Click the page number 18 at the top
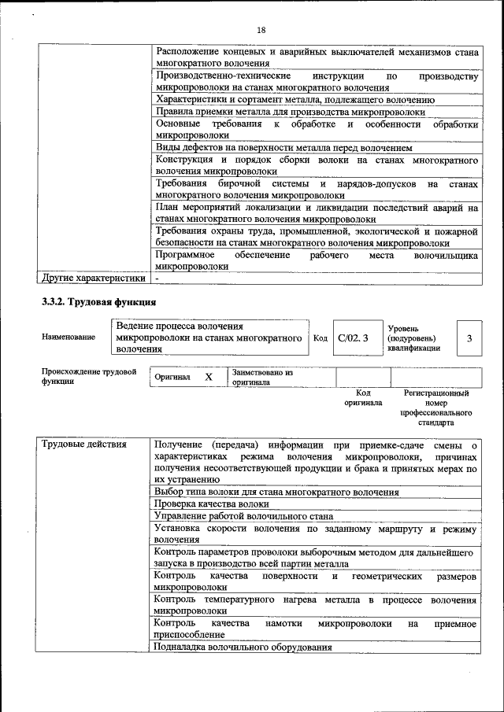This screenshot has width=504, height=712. [x=261, y=30]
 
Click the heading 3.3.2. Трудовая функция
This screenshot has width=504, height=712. [x=98, y=302]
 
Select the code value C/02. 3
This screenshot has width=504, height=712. [x=353, y=338]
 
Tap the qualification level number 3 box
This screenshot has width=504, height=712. [x=469, y=338]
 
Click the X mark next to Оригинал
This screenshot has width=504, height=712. [x=209, y=377]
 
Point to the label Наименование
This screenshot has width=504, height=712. [x=69, y=337]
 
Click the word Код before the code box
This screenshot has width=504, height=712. [x=321, y=338]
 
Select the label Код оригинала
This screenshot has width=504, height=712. [x=363, y=397]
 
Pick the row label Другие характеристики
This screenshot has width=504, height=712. [x=93, y=278]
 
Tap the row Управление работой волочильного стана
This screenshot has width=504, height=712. [x=243, y=516]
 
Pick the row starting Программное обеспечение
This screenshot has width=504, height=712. [x=317, y=260]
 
